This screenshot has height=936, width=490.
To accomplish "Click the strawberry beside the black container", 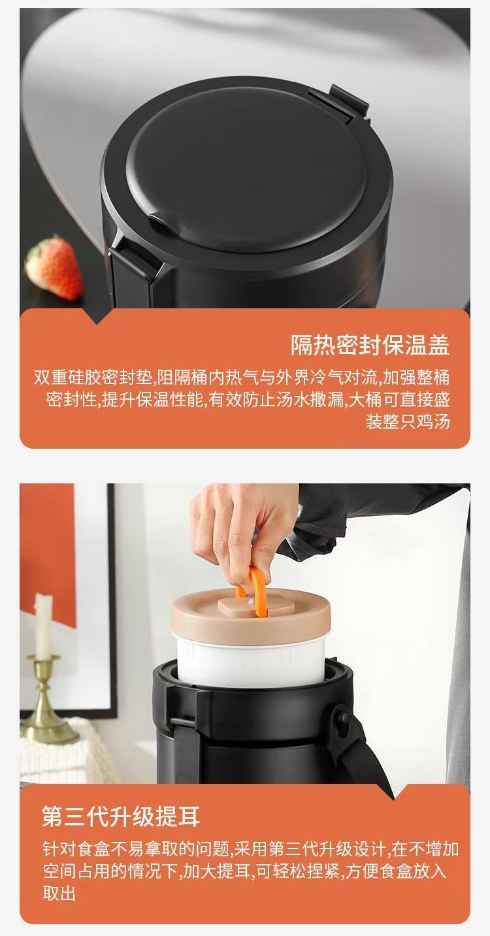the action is pyautogui.click(x=54, y=267).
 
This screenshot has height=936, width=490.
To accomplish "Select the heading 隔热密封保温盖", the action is pyautogui.click(x=370, y=345).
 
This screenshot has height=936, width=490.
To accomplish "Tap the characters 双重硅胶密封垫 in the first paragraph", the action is pyautogui.click(x=92, y=378).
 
